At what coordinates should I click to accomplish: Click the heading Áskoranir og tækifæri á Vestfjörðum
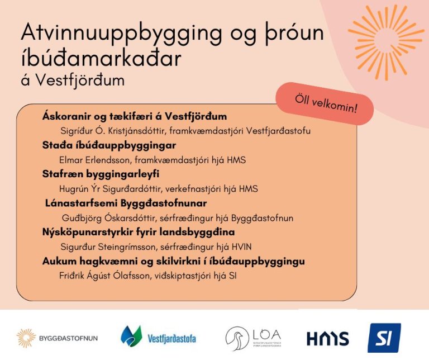(135, 117)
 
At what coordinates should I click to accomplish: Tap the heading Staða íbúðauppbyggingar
(109, 145)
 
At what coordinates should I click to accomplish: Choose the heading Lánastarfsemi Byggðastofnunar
(126, 203)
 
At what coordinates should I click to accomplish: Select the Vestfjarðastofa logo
(158, 337)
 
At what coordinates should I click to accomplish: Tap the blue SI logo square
(384, 338)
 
